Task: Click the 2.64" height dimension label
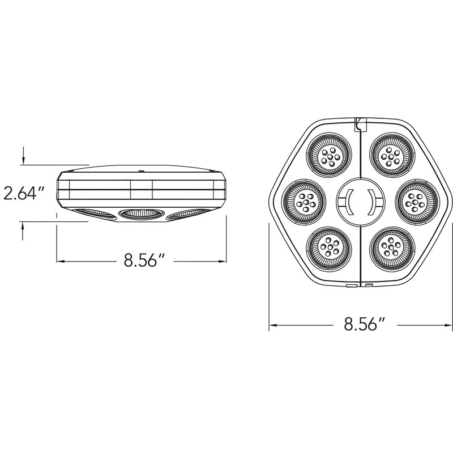(x=24, y=193)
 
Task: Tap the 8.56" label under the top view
(x=365, y=324)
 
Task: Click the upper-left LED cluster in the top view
(x=329, y=155)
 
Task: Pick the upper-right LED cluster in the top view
(x=392, y=156)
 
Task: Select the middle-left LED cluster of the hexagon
(x=304, y=202)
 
